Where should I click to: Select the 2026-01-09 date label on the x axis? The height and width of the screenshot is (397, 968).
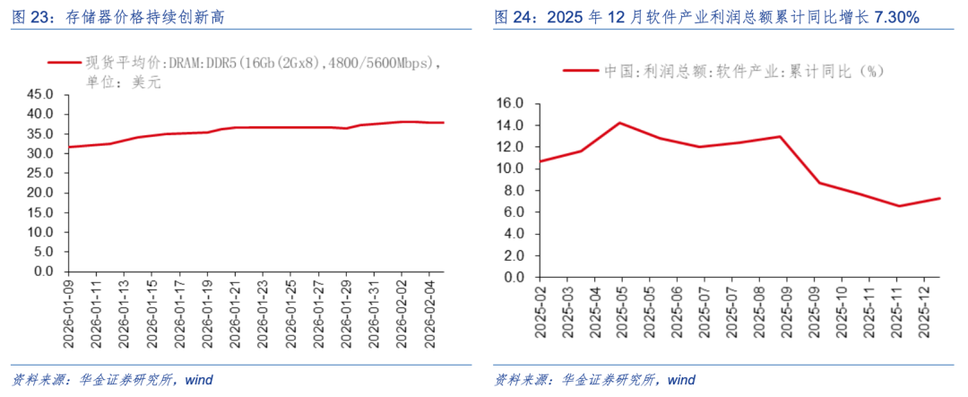68,308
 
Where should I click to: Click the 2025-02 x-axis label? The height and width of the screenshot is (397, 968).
540,313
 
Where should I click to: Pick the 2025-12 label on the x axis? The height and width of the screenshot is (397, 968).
928,313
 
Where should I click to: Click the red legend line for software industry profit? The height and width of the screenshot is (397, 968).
579,71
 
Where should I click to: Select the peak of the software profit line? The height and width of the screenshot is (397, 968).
620,123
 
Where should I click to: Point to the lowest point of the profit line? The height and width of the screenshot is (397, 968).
899,206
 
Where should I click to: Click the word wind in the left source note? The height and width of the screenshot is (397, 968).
198,379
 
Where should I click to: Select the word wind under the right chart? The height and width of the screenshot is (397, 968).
681,379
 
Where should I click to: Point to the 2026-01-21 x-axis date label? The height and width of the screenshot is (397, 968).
234,308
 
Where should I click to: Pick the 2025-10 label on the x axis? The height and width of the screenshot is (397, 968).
843,313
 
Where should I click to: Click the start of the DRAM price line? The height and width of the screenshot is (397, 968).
69,147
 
